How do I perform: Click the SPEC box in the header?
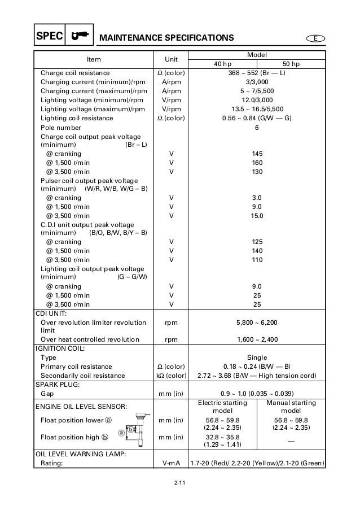click(x=48, y=37)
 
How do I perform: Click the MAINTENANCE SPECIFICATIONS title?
click(x=166, y=38)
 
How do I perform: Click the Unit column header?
click(x=171, y=59)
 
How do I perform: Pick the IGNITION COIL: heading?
click(x=59, y=348)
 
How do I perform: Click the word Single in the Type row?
click(x=257, y=358)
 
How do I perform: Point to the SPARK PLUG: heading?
click(x=55, y=385)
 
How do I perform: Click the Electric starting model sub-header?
click(x=222, y=407)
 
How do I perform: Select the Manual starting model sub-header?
click(x=291, y=407)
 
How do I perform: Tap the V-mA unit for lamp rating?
click(x=171, y=464)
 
